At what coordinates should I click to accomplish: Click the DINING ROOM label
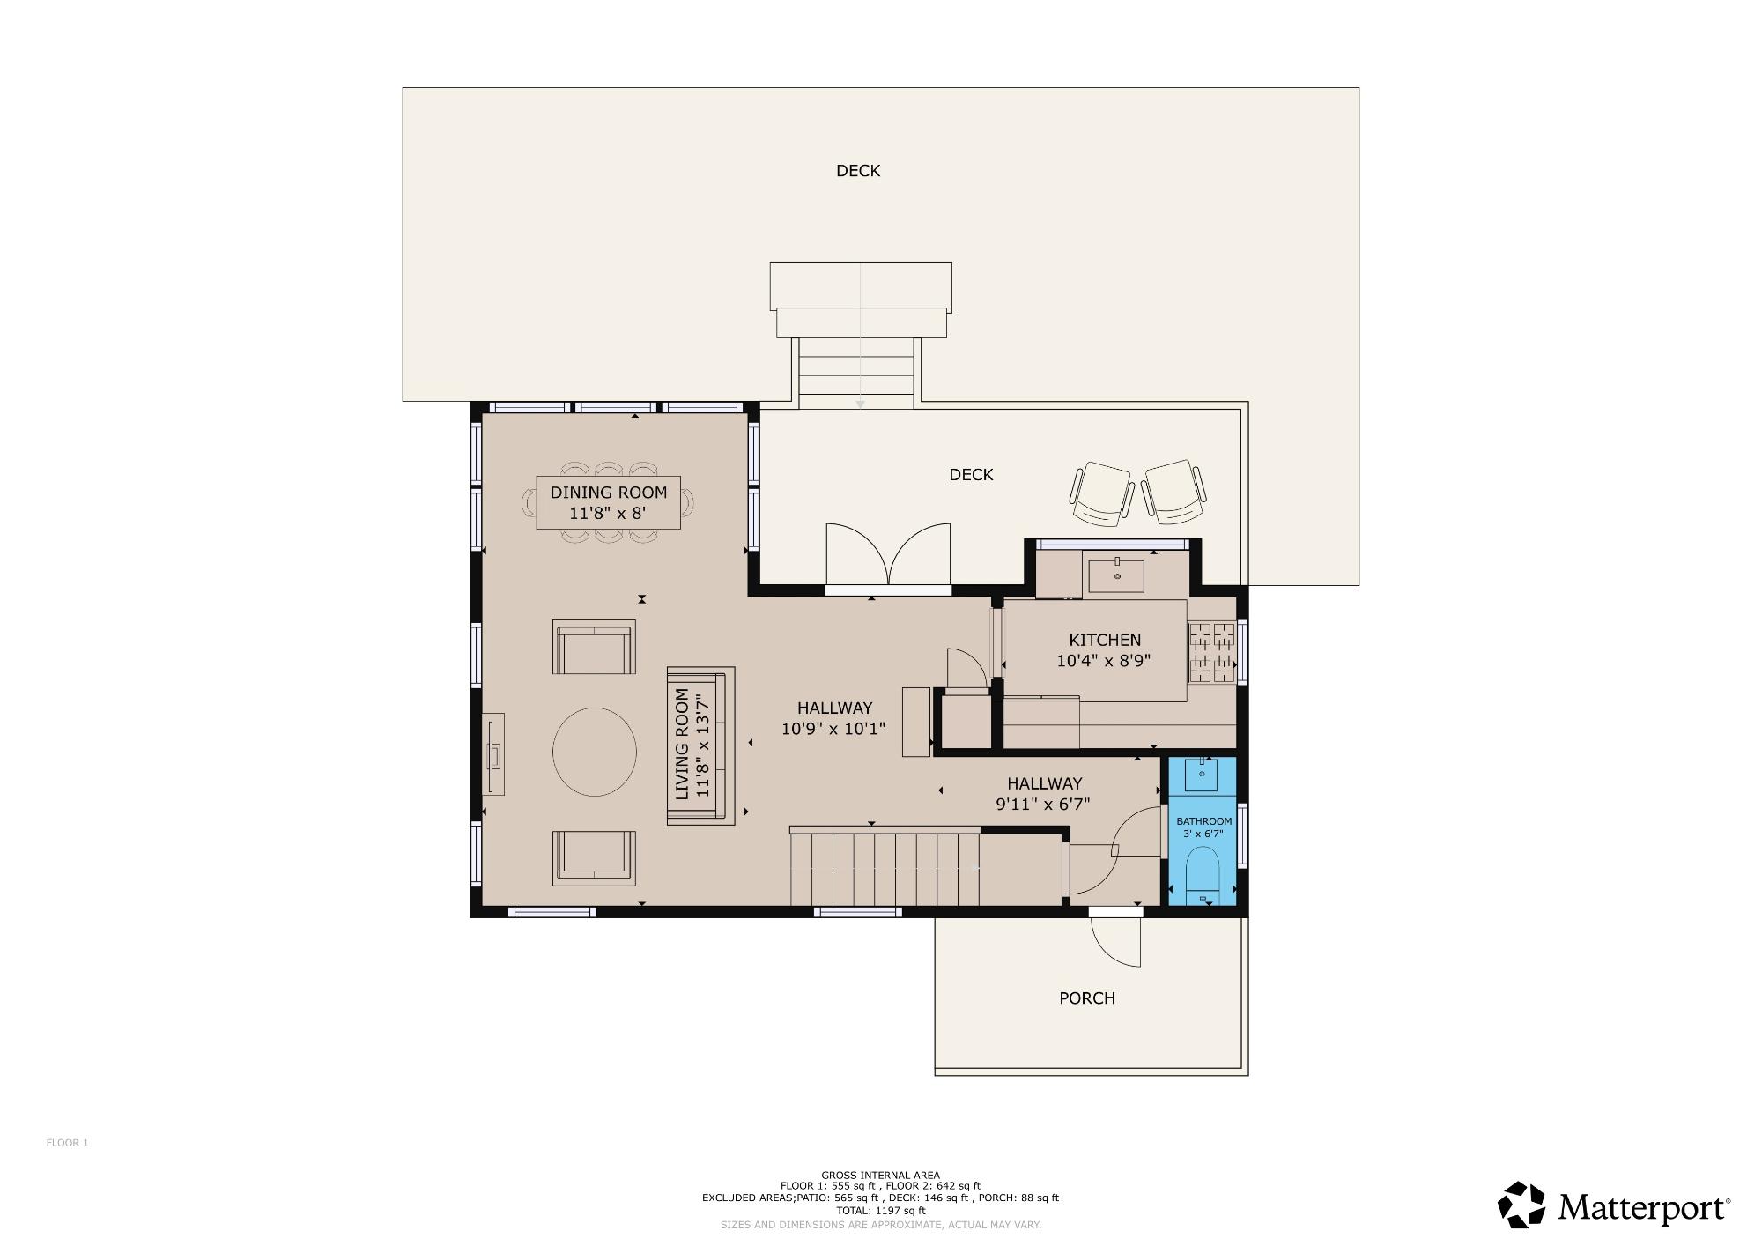pyautogui.click(x=609, y=493)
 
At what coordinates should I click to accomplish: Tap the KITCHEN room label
pyautogui.click(x=1105, y=640)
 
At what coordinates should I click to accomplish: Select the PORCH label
pyautogui.click(x=1086, y=998)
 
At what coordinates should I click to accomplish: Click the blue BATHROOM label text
pyautogui.click(x=1203, y=821)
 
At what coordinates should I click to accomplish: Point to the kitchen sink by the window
pyautogui.click(x=1116, y=575)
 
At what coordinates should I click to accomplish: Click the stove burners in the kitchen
pyautogui.click(x=1211, y=653)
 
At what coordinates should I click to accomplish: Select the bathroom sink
pyautogui.click(x=1202, y=775)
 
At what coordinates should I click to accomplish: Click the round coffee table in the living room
pyautogui.click(x=595, y=752)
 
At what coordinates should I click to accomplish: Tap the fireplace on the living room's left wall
pyautogui.click(x=494, y=754)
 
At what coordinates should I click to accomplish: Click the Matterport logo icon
pyautogui.click(x=1521, y=1205)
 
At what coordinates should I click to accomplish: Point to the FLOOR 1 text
pyautogui.click(x=67, y=1143)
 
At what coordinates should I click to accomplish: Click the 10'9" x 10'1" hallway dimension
pyautogui.click(x=833, y=729)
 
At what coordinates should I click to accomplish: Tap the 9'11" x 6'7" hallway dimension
pyautogui.click(x=1043, y=804)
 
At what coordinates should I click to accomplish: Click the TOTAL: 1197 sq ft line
pyautogui.click(x=880, y=1211)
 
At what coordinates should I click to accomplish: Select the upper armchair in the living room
pyautogui.click(x=594, y=648)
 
